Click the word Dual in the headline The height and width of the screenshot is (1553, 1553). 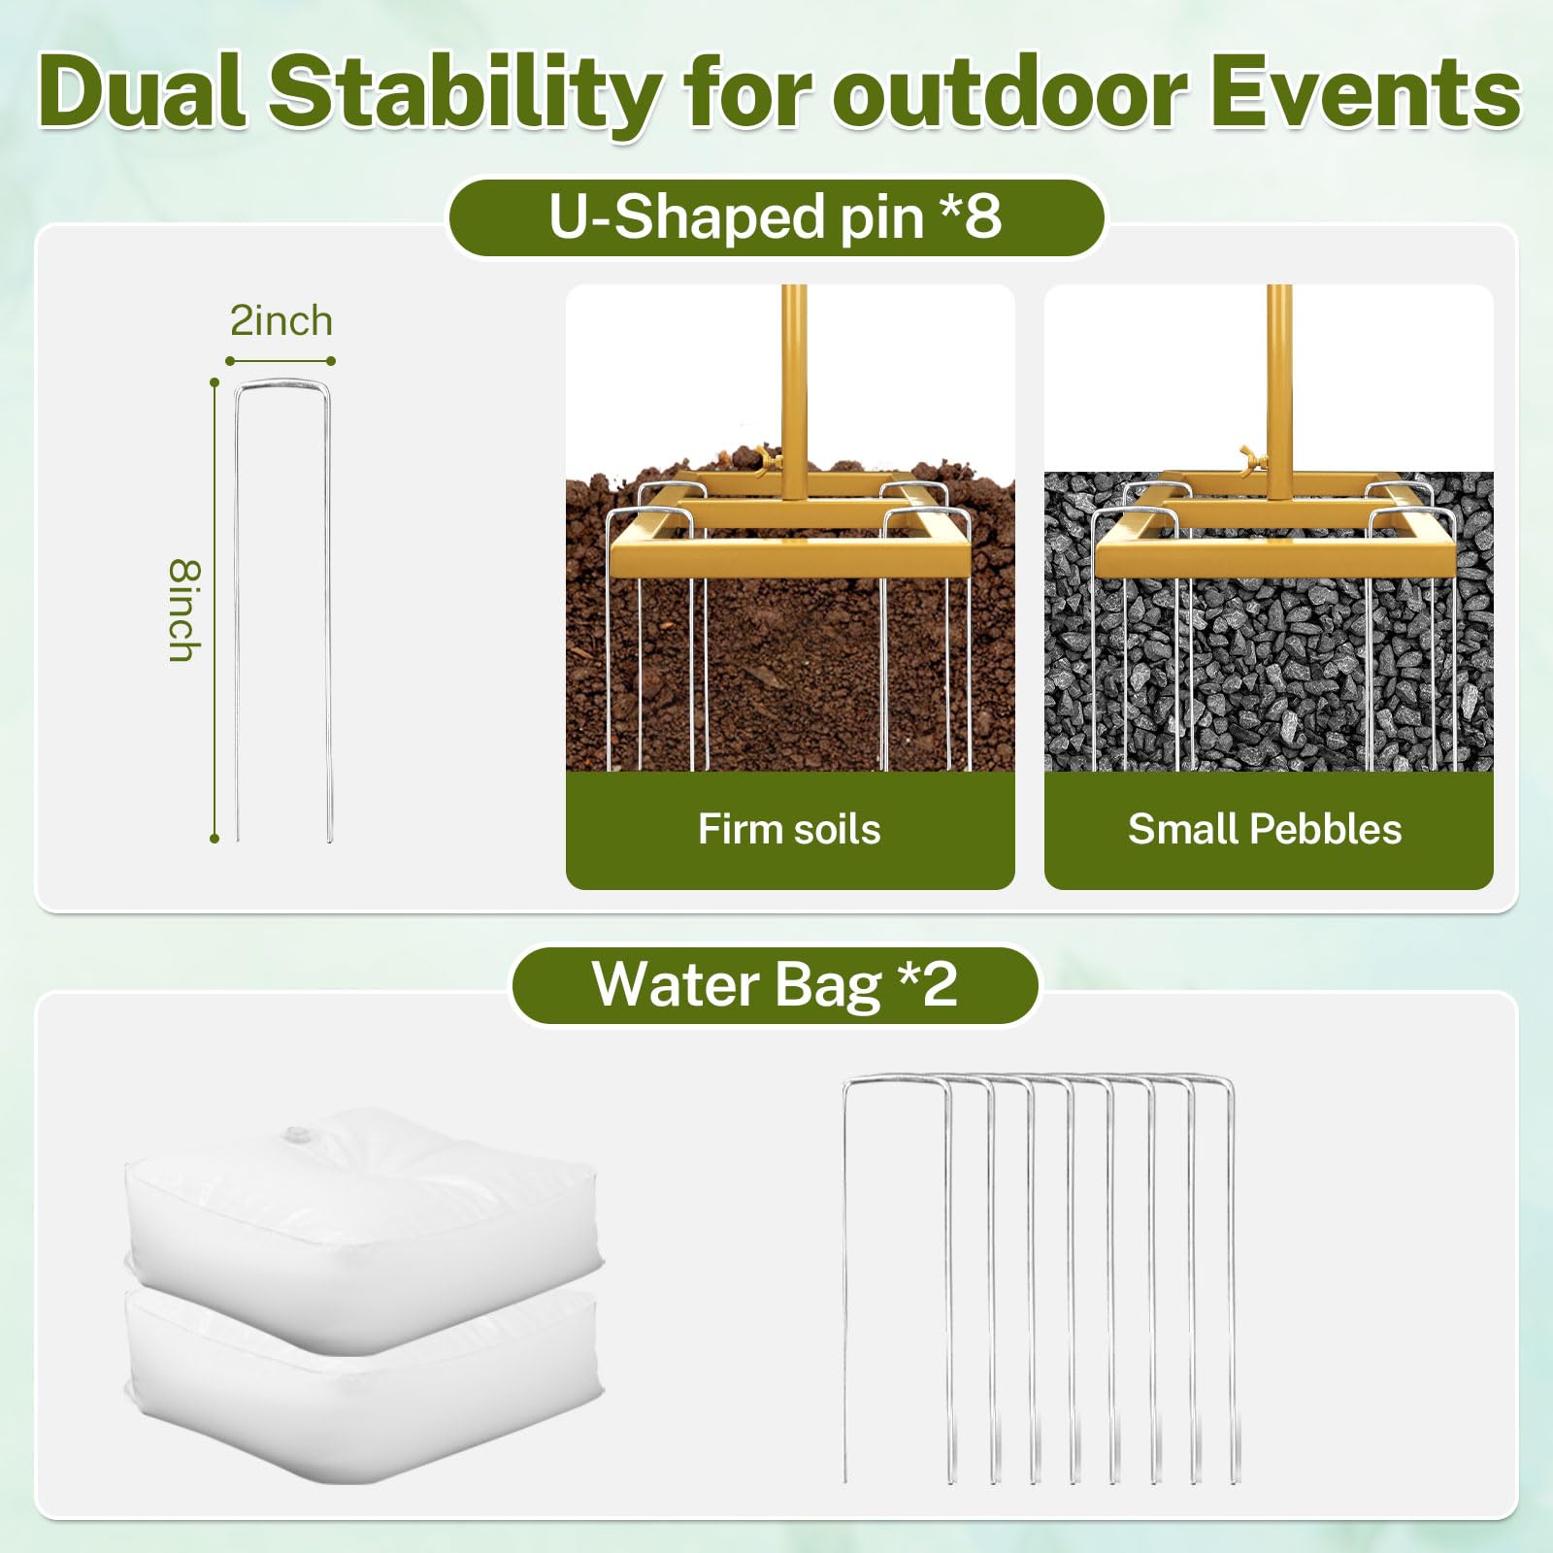click(x=142, y=92)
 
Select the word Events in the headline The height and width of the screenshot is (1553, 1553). click(x=1366, y=92)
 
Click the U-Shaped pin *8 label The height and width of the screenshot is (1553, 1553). click(x=775, y=216)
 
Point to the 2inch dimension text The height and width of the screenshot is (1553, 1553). click(x=281, y=321)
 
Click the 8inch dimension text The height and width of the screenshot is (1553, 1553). click(x=183, y=611)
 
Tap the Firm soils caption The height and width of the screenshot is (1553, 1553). click(x=789, y=829)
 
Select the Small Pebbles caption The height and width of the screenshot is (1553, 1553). click(x=1265, y=829)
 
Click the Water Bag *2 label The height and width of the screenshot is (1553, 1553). click(x=775, y=984)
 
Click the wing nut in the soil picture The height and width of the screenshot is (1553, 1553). click(x=770, y=457)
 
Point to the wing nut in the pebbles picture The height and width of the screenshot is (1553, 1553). click(x=1252, y=457)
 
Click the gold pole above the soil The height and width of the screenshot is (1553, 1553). click(x=794, y=379)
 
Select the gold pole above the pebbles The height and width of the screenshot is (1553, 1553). click(x=1279, y=379)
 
